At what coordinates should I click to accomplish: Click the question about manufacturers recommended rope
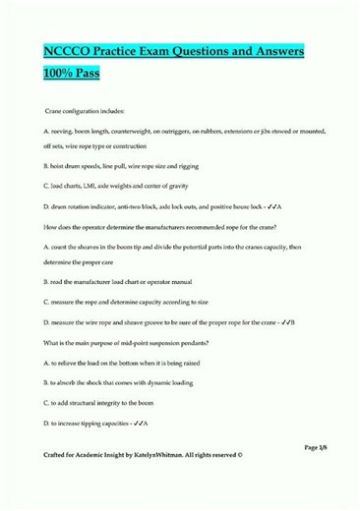(x=168, y=226)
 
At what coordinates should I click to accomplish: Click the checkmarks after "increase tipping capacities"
(x=138, y=417)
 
